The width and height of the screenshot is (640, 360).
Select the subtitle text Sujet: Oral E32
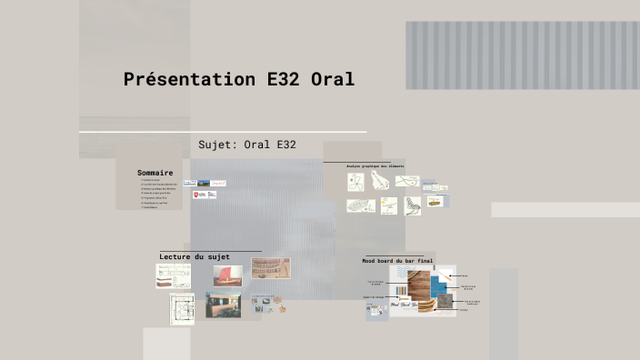point(246,145)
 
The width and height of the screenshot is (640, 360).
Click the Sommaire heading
point(155,172)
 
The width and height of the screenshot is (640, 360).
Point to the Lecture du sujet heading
point(195,257)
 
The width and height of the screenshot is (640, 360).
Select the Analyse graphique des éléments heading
point(375,166)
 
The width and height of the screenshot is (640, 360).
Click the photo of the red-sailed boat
point(227,275)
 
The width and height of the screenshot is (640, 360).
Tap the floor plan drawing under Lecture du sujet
point(182,308)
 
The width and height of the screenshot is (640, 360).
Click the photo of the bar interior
point(223,305)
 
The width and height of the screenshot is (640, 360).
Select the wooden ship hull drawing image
point(271,268)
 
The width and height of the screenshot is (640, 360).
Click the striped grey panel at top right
point(522,55)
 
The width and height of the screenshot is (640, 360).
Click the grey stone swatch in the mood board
point(445,300)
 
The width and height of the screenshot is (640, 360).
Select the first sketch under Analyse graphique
point(355,181)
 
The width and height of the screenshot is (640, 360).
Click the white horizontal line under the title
point(223,132)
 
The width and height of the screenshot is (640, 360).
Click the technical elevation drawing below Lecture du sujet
point(173,276)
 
